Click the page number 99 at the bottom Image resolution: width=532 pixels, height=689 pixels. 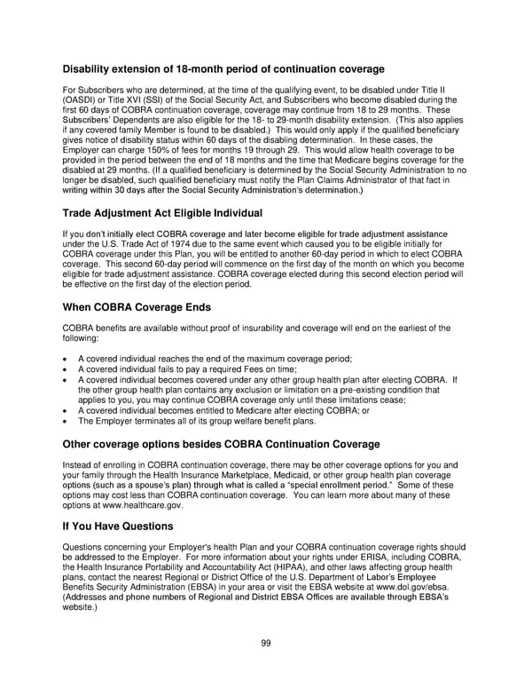(265, 644)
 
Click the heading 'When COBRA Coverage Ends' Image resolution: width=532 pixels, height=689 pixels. (137, 307)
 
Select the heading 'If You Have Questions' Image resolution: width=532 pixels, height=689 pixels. (117, 526)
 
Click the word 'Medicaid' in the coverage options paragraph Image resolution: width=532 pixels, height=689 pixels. (312, 474)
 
